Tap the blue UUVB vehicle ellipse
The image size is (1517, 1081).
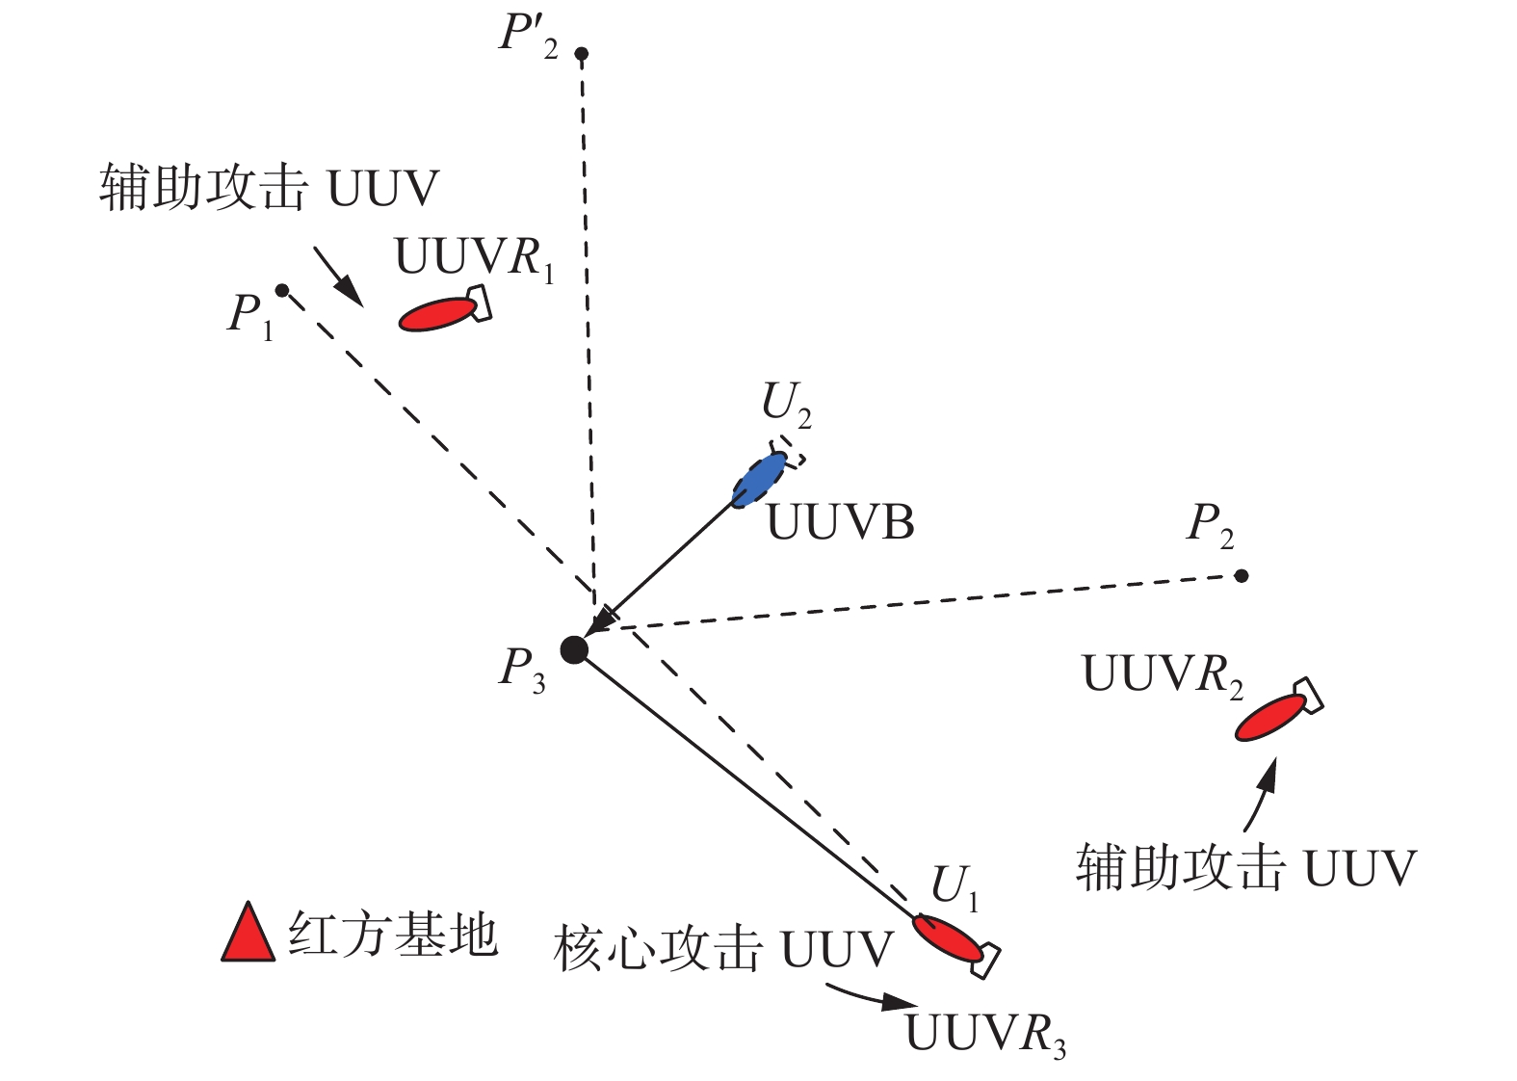[x=759, y=479]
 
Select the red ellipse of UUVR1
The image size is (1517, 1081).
[x=437, y=314]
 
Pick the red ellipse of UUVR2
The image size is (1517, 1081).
[x=1270, y=717]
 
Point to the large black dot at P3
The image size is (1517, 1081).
[x=574, y=650]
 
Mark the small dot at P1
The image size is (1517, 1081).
[x=281, y=290]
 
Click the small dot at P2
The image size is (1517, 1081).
[x=1242, y=576]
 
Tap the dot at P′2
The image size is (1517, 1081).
[x=581, y=54]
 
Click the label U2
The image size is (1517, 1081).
[x=786, y=404]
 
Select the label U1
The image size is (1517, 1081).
[x=955, y=886]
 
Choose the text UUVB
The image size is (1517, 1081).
[x=840, y=523]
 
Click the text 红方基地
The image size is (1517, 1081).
[x=392, y=935]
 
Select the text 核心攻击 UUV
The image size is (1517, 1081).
[x=723, y=950]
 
